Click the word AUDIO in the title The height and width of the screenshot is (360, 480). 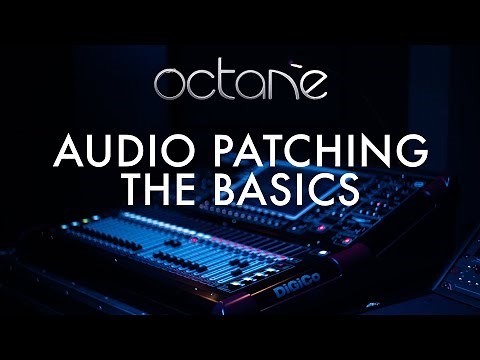click(x=107, y=153)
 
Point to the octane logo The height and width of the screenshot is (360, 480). click(x=240, y=84)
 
